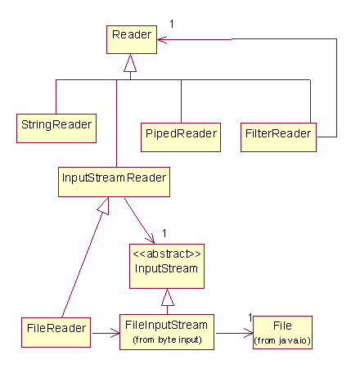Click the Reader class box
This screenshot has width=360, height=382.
132,39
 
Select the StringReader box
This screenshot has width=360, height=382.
56,128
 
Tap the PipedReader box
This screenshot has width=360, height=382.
181,137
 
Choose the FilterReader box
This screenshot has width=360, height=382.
278,137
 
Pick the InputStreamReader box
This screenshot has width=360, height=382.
114,182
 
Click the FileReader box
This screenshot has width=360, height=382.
56,332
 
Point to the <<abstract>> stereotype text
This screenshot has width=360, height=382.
167,254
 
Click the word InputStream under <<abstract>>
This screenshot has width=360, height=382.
166,268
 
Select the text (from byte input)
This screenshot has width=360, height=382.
167,339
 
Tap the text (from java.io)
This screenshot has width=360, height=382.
282,340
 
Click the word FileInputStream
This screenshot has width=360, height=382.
166,325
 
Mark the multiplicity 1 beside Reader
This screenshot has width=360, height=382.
172,24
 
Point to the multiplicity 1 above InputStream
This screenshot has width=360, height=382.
164,233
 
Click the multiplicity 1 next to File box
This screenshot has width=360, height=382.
250,317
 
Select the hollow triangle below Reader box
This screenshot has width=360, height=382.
130,63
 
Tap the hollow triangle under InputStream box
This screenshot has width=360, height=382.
168,297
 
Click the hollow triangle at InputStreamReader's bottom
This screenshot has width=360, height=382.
104,206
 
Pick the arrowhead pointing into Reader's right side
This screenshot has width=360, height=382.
162,40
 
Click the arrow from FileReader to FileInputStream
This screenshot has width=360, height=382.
106,333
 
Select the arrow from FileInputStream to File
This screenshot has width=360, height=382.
235,333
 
